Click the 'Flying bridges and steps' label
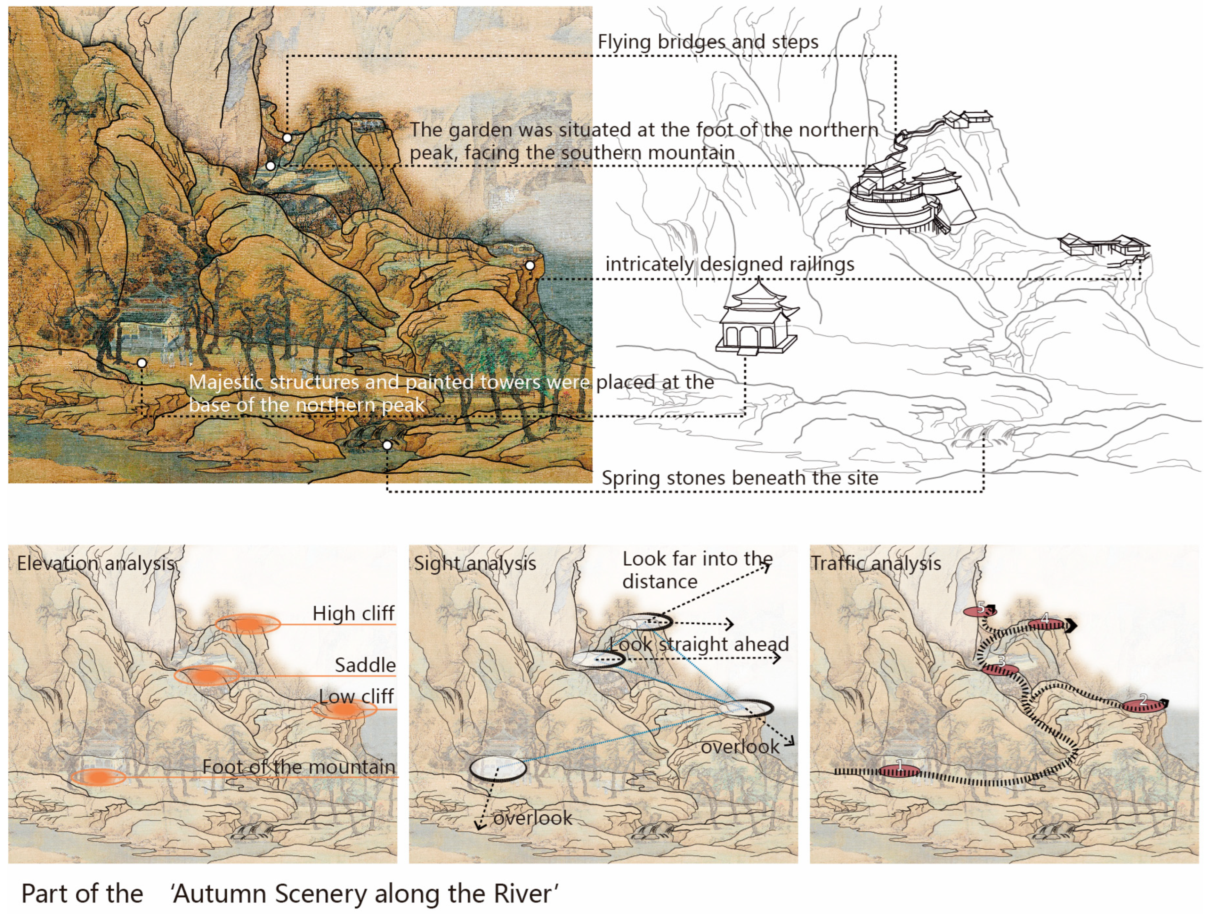[708, 42]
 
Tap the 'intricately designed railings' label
[730, 264]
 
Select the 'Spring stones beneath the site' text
[740, 478]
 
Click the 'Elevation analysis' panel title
[95, 563]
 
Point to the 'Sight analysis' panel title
[475, 563]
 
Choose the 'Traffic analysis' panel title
[876, 563]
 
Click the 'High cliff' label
[353, 613]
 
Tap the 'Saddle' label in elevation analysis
[365, 665]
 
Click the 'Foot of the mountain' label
[298, 766]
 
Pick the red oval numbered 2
[1143, 705]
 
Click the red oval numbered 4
[1046, 624]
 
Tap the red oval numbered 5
[980, 611]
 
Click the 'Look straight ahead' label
[699, 644]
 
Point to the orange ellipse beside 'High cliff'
[248, 624]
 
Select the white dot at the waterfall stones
[387, 445]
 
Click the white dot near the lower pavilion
[142, 363]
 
